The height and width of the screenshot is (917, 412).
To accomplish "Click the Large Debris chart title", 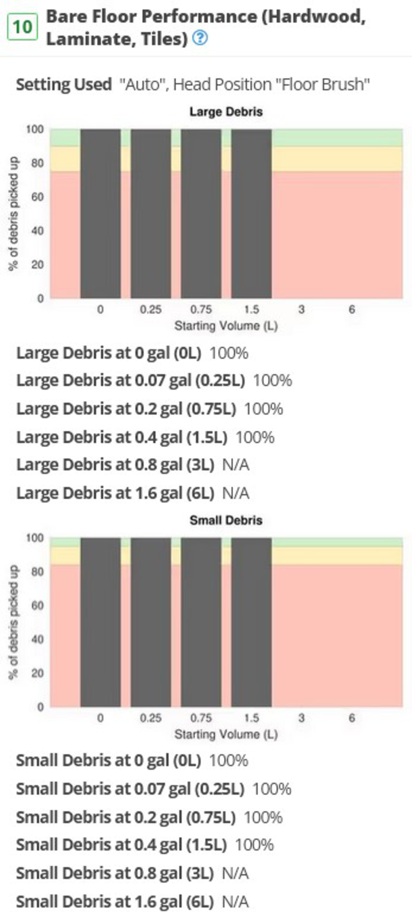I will (x=226, y=112).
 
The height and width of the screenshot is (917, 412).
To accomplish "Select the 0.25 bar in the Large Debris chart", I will (x=151, y=214).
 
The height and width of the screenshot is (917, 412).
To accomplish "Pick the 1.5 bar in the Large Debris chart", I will (x=251, y=214).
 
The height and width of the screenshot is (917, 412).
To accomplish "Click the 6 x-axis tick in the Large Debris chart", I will (x=351, y=309).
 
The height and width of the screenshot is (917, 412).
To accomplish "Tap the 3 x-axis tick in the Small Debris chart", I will (x=301, y=718).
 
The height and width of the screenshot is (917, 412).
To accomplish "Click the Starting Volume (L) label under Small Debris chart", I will (x=226, y=734).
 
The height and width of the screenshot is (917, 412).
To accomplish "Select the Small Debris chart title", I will (x=226, y=520).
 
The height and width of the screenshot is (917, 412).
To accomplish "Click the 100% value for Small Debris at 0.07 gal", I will (x=272, y=789).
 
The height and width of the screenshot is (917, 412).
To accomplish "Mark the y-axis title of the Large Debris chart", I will (x=14, y=214).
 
